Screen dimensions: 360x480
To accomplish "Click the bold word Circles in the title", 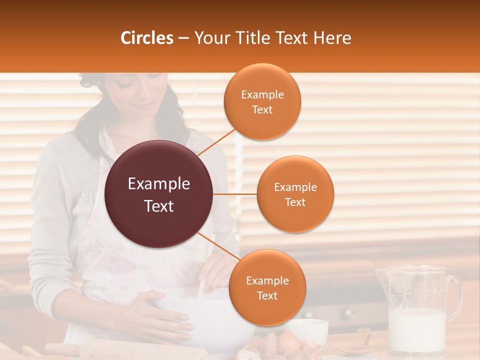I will [x=147, y=38].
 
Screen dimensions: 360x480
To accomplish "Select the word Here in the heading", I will [x=332, y=38].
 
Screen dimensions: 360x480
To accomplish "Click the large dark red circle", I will [x=159, y=194].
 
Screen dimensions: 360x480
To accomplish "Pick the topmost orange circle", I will [x=262, y=101].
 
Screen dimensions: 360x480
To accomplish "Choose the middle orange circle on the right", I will [x=295, y=194].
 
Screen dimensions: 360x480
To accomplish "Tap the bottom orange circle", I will [x=267, y=287].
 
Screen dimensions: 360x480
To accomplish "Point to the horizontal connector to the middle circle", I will [x=235, y=194].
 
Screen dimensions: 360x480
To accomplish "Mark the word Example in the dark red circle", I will [x=159, y=184].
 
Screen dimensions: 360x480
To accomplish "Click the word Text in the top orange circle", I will [x=262, y=110].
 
